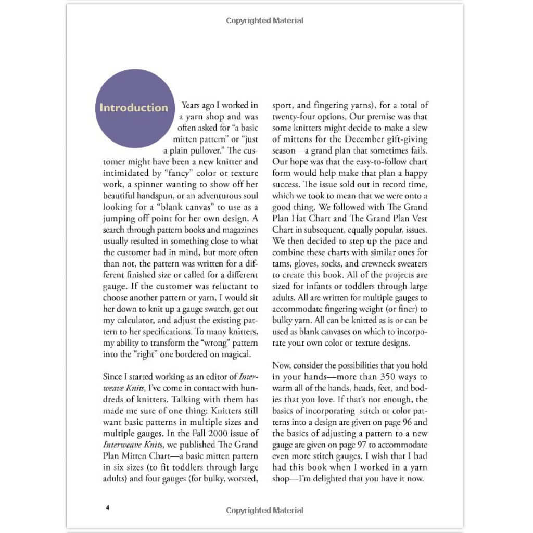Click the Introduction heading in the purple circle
(134, 108)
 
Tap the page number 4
(107, 507)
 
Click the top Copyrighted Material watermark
(264, 21)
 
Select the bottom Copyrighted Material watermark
(264, 511)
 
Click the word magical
(233, 354)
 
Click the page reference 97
(320, 445)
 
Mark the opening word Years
(193, 105)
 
